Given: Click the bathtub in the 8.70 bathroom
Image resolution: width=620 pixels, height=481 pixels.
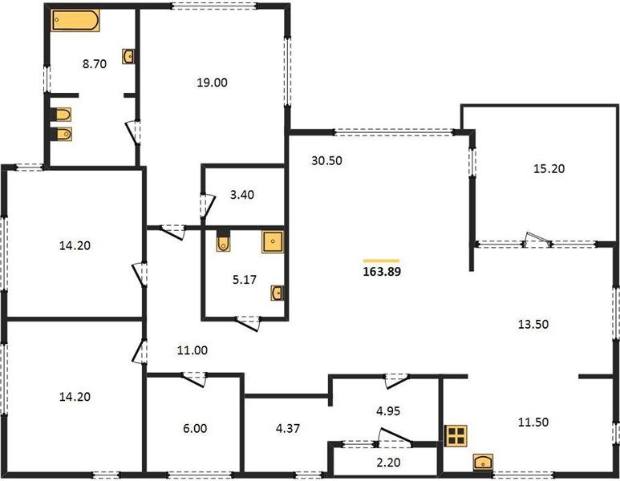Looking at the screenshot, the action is coord(75,20).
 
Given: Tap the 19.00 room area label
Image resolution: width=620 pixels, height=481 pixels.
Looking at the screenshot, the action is coord(213,83).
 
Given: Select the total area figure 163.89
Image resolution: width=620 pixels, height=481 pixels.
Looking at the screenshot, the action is coord(382,272).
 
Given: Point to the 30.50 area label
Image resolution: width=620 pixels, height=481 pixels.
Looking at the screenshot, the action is coord(326,161).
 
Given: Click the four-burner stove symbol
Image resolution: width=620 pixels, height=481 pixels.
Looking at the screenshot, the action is coord(456,436).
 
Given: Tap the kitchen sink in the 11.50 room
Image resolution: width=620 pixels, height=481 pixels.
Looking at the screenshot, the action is coord(483,462).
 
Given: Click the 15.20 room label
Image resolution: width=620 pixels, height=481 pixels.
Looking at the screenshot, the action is coord(549,169).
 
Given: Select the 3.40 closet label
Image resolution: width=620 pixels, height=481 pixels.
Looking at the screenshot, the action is coord(242,195).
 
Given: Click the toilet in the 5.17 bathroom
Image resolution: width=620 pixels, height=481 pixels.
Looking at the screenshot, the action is coord(224,241).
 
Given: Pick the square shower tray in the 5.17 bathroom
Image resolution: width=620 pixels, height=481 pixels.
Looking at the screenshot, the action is coord(273,242).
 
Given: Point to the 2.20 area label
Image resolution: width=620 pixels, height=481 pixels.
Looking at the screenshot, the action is coord(388,462).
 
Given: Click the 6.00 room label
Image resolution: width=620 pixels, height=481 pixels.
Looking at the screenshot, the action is coord(195,428).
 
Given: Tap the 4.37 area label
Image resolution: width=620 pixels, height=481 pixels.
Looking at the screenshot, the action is coord(288,428).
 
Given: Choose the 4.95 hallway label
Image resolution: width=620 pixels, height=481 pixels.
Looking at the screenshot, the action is coord(388,411).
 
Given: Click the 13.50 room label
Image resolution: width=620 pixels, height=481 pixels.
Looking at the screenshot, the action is coord(533,324).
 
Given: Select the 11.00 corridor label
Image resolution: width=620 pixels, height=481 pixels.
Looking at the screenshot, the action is coord(192,350).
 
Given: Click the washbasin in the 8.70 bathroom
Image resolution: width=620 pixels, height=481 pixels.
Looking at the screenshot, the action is coord(128,57).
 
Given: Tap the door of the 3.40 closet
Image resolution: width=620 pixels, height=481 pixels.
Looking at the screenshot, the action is coord(207,205).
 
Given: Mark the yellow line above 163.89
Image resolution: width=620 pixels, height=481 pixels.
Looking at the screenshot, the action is coord(381,261).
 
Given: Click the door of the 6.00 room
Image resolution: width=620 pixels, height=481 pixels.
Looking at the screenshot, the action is coord(194,378).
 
